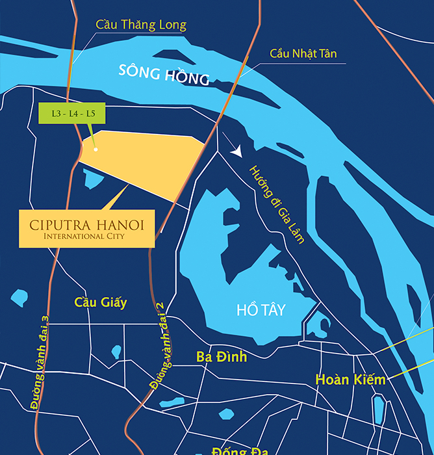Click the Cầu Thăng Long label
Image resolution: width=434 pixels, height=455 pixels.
point(140,25)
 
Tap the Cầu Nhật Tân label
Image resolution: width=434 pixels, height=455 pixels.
point(303,53)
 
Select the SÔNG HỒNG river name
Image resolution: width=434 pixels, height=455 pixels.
point(164,75)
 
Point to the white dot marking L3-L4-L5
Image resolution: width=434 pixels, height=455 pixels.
point(96,149)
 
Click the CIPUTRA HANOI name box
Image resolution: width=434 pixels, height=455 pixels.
point(86,228)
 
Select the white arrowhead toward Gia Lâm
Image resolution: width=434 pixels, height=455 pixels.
point(237,151)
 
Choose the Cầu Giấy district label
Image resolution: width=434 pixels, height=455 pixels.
point(101,302)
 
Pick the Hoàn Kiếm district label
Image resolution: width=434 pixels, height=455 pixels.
point(350,379)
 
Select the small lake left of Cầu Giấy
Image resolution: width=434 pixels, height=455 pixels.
point(19,298)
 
